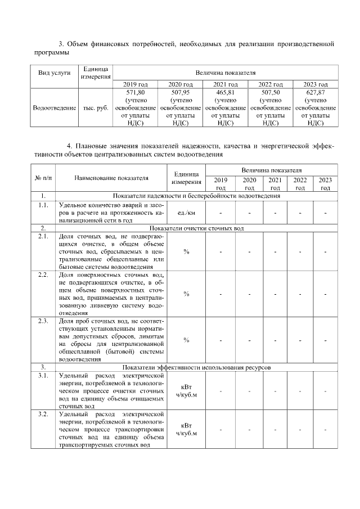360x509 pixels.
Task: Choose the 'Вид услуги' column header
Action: (54, 74)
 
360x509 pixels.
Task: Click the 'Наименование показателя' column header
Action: (111, 178)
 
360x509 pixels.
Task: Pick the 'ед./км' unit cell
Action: (186, 213)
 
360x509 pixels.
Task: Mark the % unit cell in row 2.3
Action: (186, 340)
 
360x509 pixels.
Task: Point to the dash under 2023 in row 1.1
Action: (325, 213)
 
